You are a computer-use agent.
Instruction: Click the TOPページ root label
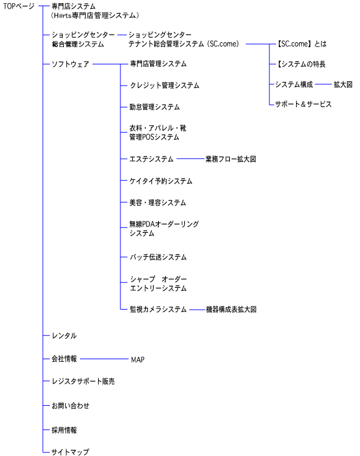19,6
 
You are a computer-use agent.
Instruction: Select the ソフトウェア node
70,64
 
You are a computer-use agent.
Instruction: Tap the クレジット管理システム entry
164,85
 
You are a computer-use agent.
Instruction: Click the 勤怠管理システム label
155,107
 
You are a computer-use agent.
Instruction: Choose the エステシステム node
151,159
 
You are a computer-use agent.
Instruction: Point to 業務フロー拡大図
231,159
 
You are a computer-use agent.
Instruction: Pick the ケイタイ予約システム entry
161,181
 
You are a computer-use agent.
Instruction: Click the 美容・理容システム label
158,202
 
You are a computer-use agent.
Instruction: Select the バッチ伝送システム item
158,257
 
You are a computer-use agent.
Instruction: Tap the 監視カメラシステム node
158,310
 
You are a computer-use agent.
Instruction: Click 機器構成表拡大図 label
232,310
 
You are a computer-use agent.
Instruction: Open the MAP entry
138,360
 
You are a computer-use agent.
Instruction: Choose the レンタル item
65,336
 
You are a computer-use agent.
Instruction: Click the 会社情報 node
65,359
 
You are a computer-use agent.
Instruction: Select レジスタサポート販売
83,382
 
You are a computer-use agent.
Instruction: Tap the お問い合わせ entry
70,406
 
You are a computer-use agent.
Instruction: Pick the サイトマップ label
70,452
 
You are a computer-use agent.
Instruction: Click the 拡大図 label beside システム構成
343,84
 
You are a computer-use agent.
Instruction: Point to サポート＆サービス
304,104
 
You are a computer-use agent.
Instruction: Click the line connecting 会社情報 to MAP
104,359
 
